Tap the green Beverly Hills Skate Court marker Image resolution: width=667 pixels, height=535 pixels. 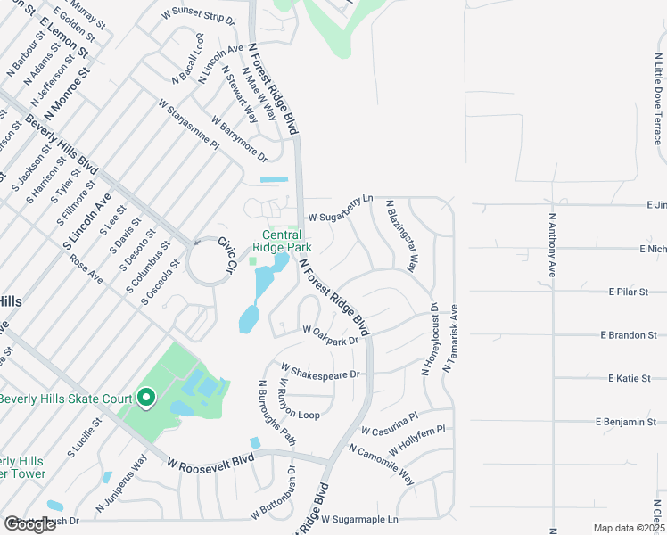point(145,398)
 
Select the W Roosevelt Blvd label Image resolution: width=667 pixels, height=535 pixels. point(210,460)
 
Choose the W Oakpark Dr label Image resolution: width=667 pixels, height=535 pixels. point(330,334)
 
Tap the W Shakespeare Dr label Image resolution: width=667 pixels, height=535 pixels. point(320,370)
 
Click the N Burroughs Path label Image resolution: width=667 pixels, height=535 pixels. point(276,411)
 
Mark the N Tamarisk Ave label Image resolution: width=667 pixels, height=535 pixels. point(452,338)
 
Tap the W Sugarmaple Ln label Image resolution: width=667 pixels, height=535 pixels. point(359,519)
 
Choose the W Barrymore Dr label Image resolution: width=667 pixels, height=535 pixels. point(239,137)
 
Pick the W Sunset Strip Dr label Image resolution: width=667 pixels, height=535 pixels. point(198,17)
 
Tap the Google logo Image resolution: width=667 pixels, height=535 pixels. point(30,524)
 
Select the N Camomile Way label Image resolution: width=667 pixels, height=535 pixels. point(381,465)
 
